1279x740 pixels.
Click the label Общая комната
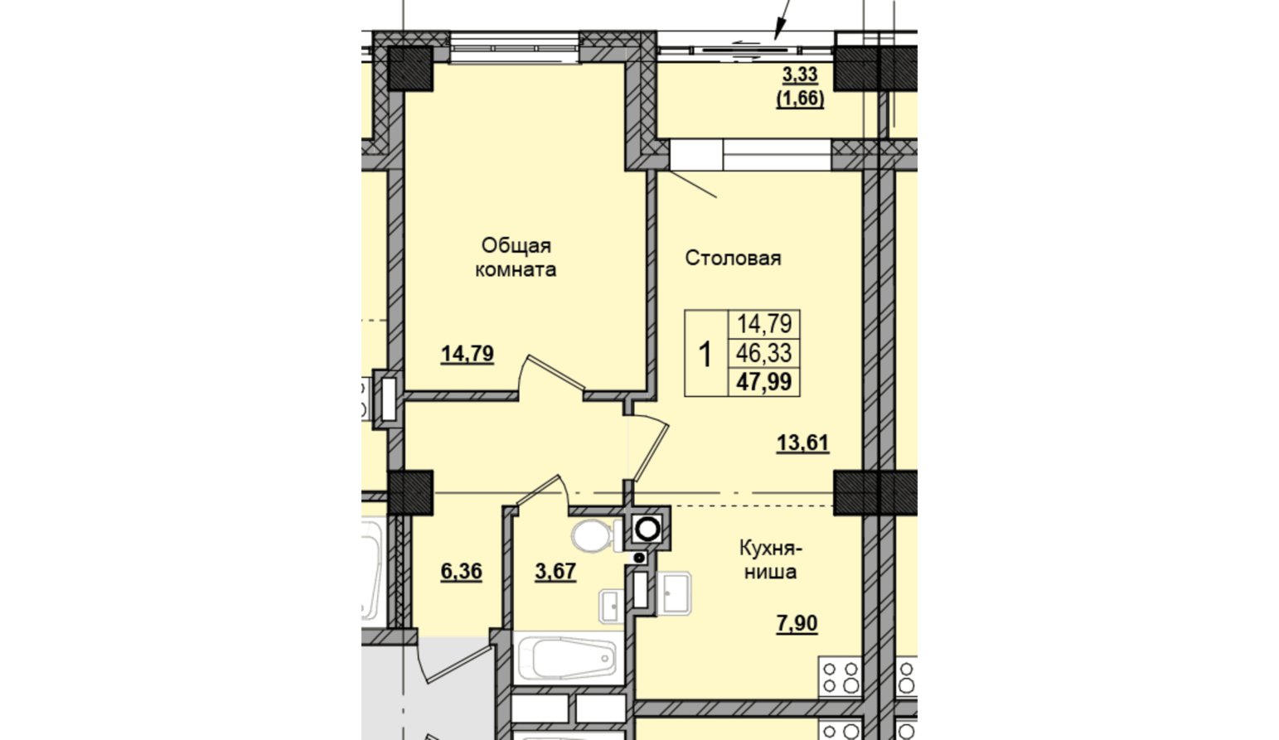(x=516, y=258)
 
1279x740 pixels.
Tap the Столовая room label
(x=733, y=258)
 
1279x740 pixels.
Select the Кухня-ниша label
(x=771, y=560)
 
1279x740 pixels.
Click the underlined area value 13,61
(x=803, y=443)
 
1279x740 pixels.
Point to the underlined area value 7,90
(x=797, y=623)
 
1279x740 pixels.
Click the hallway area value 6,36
(x=462, y=571)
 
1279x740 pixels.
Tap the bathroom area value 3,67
(x=555, y=571)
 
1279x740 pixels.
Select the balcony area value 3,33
(x=800, y=75)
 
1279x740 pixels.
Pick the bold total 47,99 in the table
(x=764, y=382)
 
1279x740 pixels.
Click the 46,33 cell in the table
(x=764, y=354)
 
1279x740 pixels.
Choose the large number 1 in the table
(x=705, y=354)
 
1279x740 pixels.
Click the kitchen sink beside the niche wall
(x=674, y=593)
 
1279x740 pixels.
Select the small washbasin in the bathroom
(x=610, y=607)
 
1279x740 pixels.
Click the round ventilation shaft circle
(x=647, y=529)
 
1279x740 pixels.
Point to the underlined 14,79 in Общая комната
(x=467, y=354)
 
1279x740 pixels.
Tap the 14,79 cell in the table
(x=764, y=324)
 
